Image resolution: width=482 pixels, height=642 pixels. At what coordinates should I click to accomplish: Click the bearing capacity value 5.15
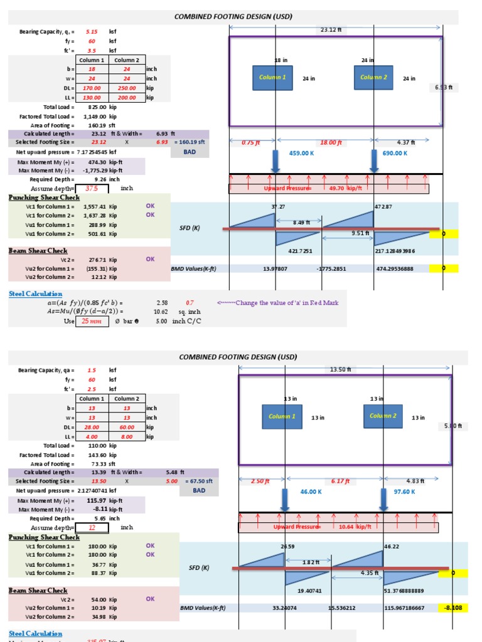pos(92,31)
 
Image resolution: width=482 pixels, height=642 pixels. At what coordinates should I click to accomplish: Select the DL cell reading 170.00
pos(92,88)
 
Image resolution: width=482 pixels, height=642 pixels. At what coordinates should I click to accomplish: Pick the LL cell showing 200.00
pos(127,98)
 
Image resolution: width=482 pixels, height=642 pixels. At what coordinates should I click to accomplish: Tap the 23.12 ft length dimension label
pos(331,29)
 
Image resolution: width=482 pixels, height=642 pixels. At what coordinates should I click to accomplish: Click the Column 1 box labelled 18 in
pos(272,77)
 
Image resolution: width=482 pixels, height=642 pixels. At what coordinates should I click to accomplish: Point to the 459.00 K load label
pos(304,153)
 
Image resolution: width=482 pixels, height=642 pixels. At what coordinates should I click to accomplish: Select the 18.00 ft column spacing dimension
pos(331,143)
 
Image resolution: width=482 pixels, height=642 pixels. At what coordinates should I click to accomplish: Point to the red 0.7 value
pos(190,303)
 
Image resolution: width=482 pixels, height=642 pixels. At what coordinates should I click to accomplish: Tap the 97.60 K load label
pos(405,492)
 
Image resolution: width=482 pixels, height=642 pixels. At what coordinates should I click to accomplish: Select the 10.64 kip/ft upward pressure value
pos(350,527)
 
